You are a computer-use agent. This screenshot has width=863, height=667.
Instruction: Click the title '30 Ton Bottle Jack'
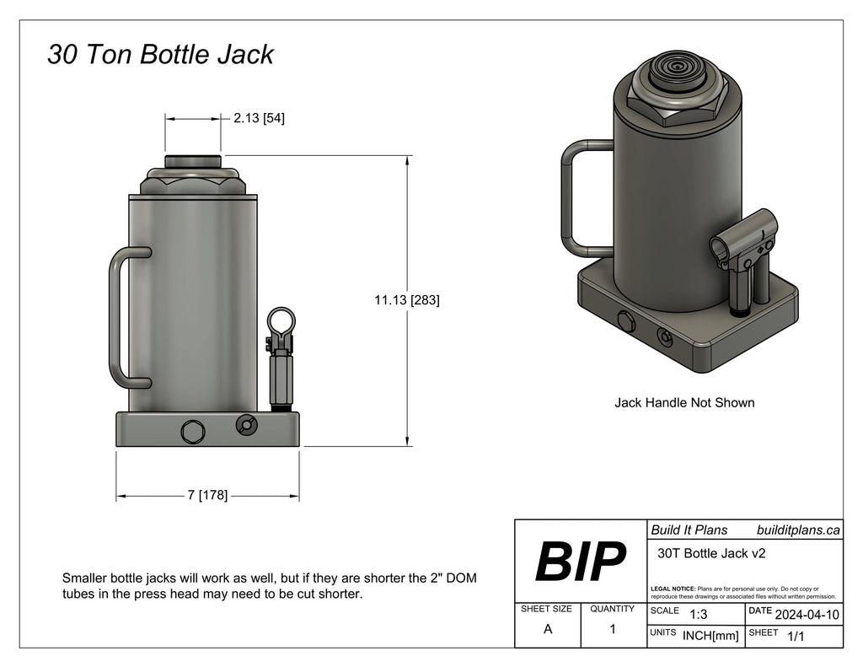tap(160, 54)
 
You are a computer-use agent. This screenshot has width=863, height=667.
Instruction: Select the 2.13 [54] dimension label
tap(260, 118)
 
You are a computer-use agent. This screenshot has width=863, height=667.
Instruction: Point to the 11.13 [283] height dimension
tap(407, 300)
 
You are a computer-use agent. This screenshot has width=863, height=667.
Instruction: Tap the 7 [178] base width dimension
tap(207, 495)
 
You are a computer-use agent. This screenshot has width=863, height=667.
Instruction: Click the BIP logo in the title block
tap(580, 562)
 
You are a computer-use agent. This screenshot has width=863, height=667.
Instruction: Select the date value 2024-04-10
tap(807, 615)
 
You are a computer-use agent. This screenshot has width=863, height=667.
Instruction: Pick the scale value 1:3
tap(698, 614)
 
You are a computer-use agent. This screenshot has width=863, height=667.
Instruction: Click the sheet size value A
tap(548, 629)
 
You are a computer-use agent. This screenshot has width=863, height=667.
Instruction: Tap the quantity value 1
tap(613, 629)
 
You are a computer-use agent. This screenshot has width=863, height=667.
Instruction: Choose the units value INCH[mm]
tap(710, 636)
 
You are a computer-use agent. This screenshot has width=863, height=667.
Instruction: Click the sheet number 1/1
tap(796, 636)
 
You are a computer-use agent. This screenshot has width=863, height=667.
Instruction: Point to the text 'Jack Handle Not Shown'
tap(684, 402)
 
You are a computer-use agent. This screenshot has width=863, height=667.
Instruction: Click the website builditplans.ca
tap(798, 530)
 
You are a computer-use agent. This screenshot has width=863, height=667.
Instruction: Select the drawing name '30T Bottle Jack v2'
tap(711, 553)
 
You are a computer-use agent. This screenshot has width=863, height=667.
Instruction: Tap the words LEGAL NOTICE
tap(673, 589)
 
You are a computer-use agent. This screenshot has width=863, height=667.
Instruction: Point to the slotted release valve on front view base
tap(246, 424)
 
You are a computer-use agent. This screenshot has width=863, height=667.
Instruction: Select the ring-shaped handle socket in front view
tap(281, 323)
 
